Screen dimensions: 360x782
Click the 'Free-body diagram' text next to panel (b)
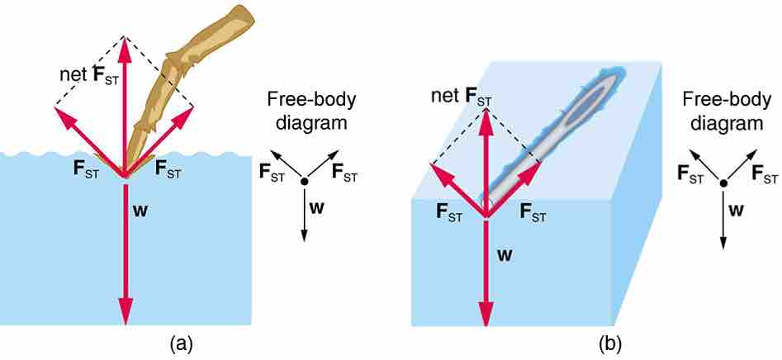tap(723, 111)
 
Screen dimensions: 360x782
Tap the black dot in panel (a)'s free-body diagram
tap(305, 182)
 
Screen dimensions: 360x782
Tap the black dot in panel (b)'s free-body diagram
tap(723, 183)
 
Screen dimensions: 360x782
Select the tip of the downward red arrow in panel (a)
tap(126, 323)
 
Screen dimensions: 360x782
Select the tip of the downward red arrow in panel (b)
tap(486, 324)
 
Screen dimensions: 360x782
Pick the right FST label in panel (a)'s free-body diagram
tap(344, 172)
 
